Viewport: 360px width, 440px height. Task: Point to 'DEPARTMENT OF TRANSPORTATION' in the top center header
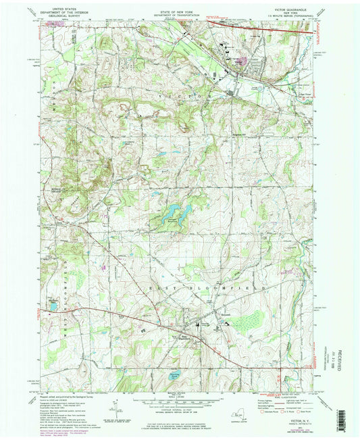pyautogui.click(x=179, y=15)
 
